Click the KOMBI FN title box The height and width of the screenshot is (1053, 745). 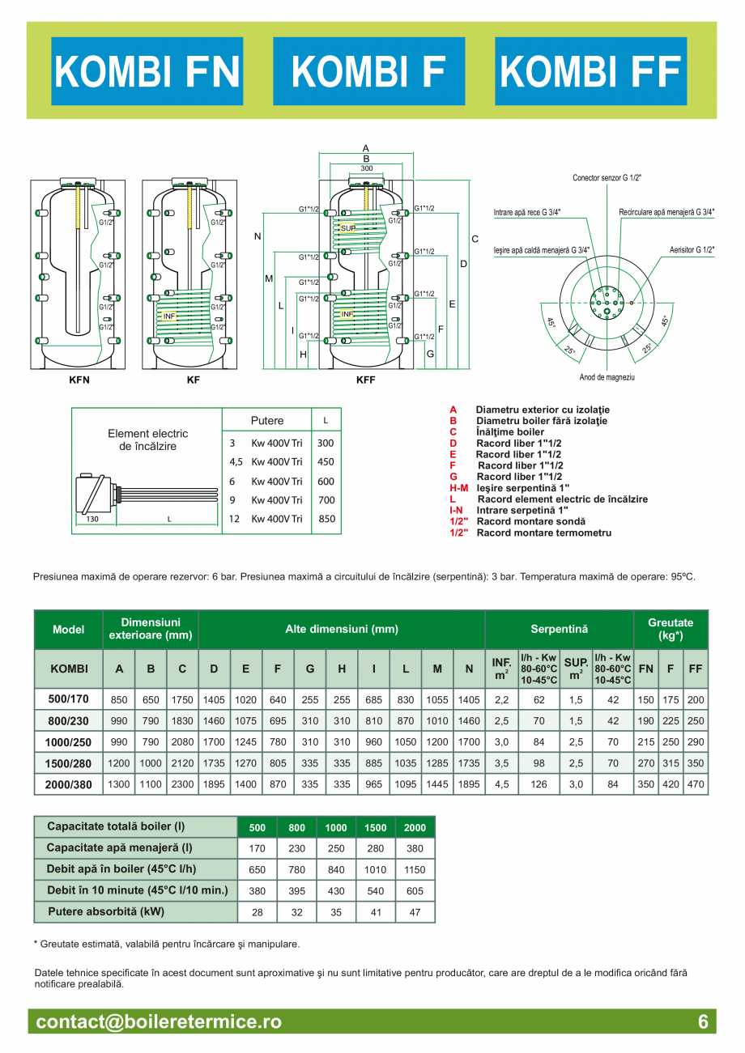tap(147, 71)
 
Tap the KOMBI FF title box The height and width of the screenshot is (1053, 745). tap(591, 71)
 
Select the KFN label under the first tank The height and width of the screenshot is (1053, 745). tap(78, 379)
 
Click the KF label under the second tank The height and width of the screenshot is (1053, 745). tap(193, 379)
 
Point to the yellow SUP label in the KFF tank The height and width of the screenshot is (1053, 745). tap(348, 228)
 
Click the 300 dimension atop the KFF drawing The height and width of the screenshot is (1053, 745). tap(367, 168)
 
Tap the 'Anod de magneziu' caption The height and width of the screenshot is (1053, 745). tap(607, 377)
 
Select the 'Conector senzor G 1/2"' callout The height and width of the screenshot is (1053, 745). tap(607, 177)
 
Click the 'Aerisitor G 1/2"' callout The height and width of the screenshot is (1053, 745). tap(692, 250)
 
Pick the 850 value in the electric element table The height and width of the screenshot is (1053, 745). tap(326, 519)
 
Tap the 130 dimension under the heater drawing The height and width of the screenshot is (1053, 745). tap(92, 520)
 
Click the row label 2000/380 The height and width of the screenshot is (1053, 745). tap(68, 783)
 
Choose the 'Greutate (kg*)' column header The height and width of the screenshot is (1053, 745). tap(670, 629)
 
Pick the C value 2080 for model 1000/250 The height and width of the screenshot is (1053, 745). tap(182, 741)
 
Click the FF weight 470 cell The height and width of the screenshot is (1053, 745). tap(695, 783)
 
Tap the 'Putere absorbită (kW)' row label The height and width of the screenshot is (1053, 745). tap(134, 911)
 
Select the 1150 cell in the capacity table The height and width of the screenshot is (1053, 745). tap(415, 869)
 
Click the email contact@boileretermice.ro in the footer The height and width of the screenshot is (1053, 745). tap(159, 1022)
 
